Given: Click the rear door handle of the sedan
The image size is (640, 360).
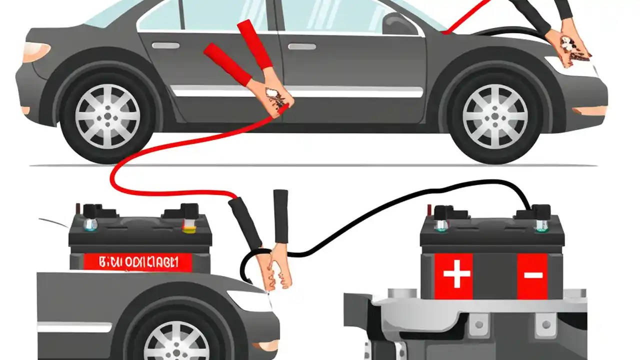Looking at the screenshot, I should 165,45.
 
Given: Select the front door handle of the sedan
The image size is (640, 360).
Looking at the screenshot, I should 301,46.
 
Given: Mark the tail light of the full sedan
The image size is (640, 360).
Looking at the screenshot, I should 35,51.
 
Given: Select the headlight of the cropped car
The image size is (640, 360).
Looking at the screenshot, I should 257,300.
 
